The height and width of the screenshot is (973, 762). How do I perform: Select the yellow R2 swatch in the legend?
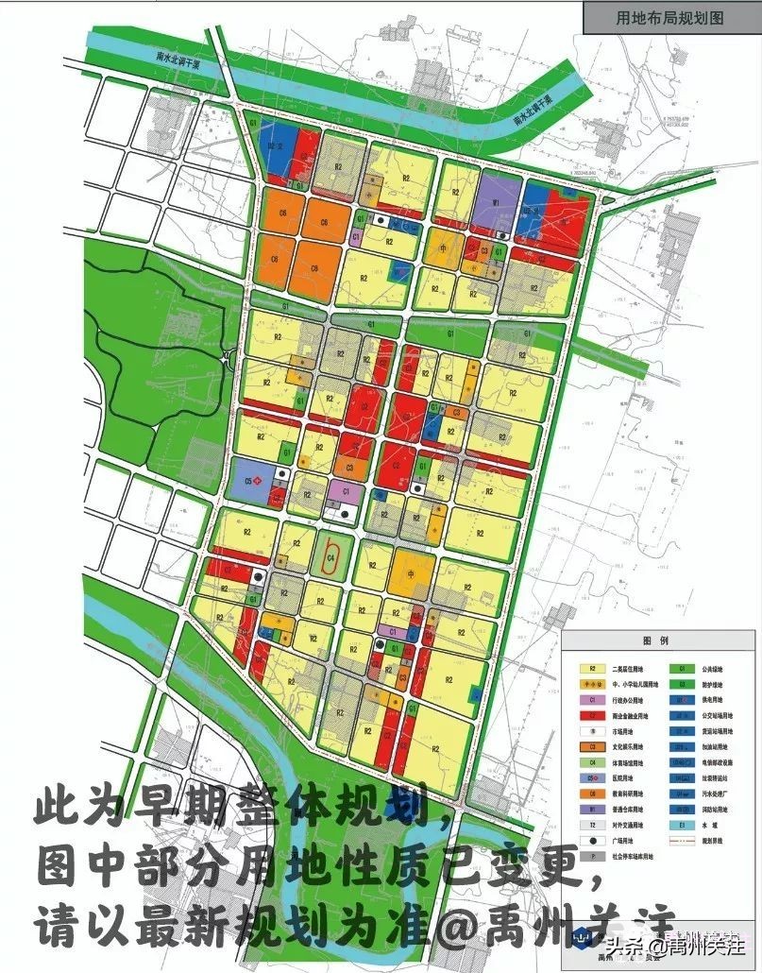point(591,668)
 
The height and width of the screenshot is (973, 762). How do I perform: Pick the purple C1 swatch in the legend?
point(591,699)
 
